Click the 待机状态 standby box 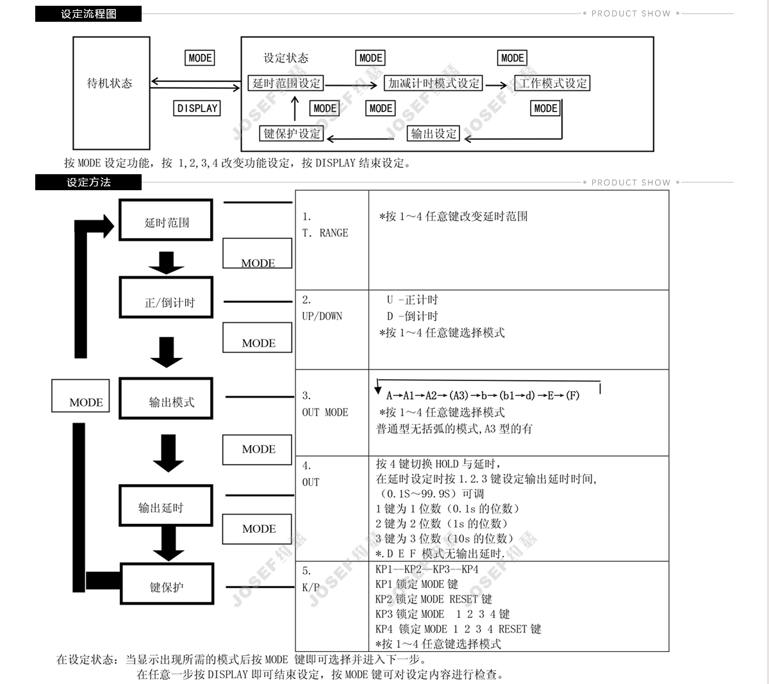[x=111, y=83]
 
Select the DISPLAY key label [x=197, y=108]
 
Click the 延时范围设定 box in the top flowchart [x=286, y=83]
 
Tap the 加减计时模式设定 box [x=434, y=83]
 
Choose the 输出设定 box [x=434, y=133]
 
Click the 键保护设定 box [x=292, y=133]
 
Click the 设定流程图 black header [x=88, y=13]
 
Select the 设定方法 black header [x=88, y=183]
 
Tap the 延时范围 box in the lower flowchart [x=166, y=222]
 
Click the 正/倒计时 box [x=166, y=302]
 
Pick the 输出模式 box [x=166, y=402]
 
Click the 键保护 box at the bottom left [x=167, y=586]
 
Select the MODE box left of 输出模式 [x=81, y=396]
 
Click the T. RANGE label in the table [x=325, y=233]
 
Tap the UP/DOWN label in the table [x=322, y=316]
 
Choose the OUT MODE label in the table [x=325, y=412]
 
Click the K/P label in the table [x=310, y=587]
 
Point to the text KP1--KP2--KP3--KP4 [x=427, y=569]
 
